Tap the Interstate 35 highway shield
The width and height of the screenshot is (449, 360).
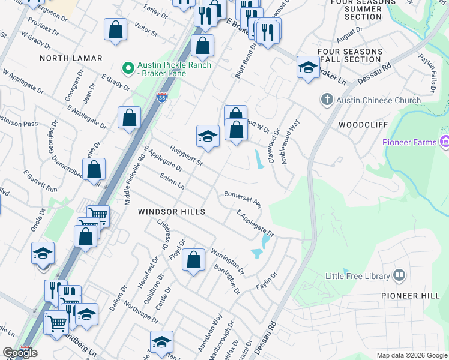click(x=162, y=97)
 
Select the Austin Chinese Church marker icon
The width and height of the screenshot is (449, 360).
click(x=327, y=100)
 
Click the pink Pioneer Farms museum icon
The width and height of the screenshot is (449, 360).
click(x=444, y=142)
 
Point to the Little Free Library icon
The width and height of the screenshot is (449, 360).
click(x=399, y=275)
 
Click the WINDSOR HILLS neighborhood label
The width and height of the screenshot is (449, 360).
click(x=172, y=212)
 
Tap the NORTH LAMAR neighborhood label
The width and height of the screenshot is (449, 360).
click(x=71, y=58)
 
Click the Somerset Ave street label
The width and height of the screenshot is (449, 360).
click(x=243, y=199)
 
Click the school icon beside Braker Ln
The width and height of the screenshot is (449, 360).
click(x=307, y=67)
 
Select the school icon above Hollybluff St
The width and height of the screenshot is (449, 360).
click(x=207, y=136)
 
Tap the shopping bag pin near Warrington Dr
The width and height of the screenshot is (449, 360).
click(x=193, y=260)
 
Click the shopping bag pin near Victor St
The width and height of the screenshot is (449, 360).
click(x=115, y=29)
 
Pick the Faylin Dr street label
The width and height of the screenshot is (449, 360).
click(x=266, y=280)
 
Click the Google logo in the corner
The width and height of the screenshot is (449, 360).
click(x=20, y=353)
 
